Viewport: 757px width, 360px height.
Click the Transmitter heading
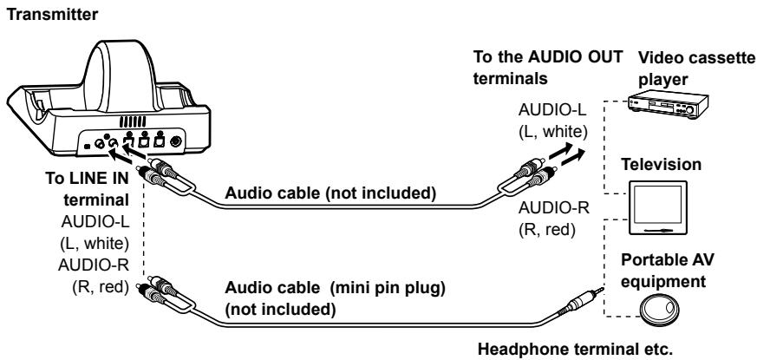(x=52, y=15)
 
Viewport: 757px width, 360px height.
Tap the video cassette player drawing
(x=668, y=104)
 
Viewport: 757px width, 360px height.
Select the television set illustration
(x=658, y=207)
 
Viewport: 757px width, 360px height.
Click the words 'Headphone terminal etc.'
(x=575, y=349)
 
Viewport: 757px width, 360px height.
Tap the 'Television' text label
(x=661, y=164)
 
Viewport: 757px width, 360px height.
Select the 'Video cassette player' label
(x=695, y=69)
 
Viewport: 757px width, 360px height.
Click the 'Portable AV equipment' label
(x=667, y=270)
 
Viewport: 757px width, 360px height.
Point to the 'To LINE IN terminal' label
(x=88, y=189)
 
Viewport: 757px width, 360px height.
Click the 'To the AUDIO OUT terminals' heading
(x=548, y=67)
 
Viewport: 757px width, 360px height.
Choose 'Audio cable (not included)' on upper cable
(x=330, y=193)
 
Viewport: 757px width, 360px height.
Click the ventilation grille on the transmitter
(x=133, y=121)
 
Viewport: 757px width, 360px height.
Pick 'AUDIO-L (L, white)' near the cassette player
(x=552, y=120)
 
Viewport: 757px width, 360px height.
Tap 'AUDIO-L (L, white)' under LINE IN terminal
(x=95, y=232)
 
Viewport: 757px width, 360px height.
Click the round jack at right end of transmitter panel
(x=176, y=141)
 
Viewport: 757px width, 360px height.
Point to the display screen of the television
(x=658, y=204)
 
